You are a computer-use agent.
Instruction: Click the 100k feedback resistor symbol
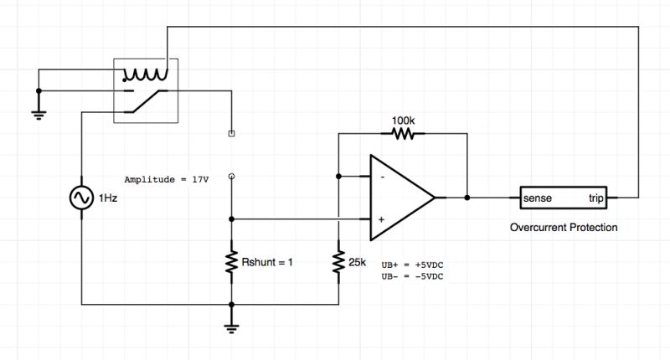(x=404, y=134)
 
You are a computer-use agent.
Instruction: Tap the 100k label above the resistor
(x=404, y=120)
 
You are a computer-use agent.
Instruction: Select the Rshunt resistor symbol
(x=232, y=263)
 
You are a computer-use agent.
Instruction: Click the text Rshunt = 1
(x=269, y=263)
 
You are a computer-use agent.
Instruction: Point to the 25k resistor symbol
(x=339, y=263)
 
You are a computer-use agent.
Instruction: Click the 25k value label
(x=358, y=263)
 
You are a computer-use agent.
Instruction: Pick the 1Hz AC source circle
(x=81, y=198)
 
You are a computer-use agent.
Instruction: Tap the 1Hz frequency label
(x=108, y=198)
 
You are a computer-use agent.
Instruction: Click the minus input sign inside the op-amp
(x=381, y=177)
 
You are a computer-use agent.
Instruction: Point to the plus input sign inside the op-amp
(x=381, y=219)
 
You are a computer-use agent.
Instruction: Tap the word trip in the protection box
(x=595, y=198)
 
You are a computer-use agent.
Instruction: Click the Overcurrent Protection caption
(x=564, y=227)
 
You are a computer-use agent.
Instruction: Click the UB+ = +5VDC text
(x=412, y=263)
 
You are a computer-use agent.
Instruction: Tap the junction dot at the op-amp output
(x=466, y=198)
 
